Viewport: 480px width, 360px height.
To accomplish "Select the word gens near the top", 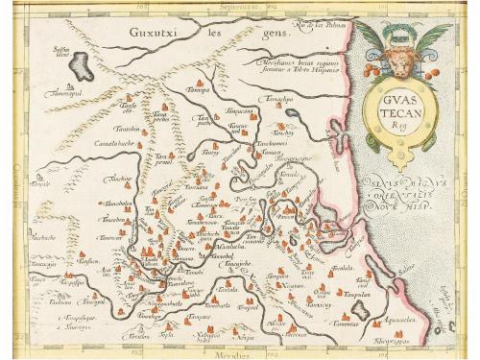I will click(229, 32).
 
